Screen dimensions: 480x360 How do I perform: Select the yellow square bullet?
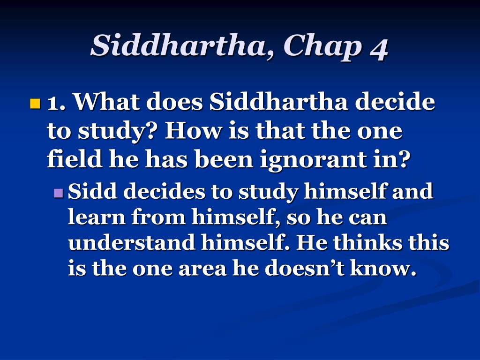[x=35, y=104]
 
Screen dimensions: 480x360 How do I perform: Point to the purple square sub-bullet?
[x=58, y=193]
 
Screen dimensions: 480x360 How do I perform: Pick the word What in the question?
[x=107, y=101]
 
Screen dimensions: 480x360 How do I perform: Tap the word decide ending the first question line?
[x=395, y=101]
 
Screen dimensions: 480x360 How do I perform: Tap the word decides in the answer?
[x=164, y=191]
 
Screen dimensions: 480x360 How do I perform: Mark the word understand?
[x=132, y=242]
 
